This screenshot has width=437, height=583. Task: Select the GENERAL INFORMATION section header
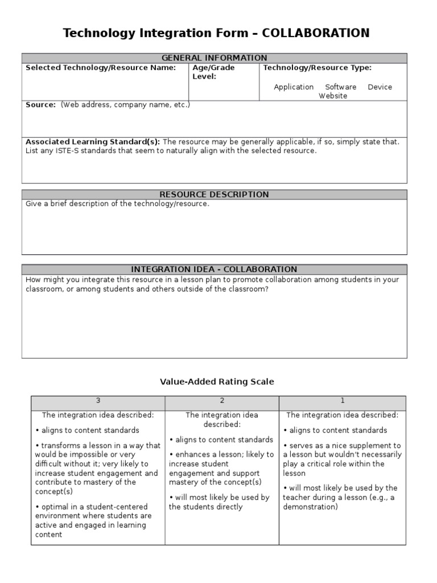(214, 58)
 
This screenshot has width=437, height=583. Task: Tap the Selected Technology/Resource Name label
(101, 68)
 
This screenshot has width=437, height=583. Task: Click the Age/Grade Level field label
(213, 72)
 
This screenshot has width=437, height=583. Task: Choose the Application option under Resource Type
(294, 87)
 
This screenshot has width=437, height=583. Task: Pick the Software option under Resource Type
(340, 87)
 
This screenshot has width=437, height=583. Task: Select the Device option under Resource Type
(380, 87)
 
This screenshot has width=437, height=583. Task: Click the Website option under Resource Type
(333, 96)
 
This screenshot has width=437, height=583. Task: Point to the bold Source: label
(41, 105)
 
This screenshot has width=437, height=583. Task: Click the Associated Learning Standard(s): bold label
(93, 142)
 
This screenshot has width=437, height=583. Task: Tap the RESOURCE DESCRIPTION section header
(214, 195)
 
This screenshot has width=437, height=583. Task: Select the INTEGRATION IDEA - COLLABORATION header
(214, 269)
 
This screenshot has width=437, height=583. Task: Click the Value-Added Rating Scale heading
(217, 382)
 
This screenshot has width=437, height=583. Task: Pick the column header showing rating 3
(98, 401)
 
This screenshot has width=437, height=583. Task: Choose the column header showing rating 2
(222, 401)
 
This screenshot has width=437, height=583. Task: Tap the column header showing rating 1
(343, 401)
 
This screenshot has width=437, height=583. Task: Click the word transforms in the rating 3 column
(58, 446)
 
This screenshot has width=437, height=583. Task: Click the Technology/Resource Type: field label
(317, 68)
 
